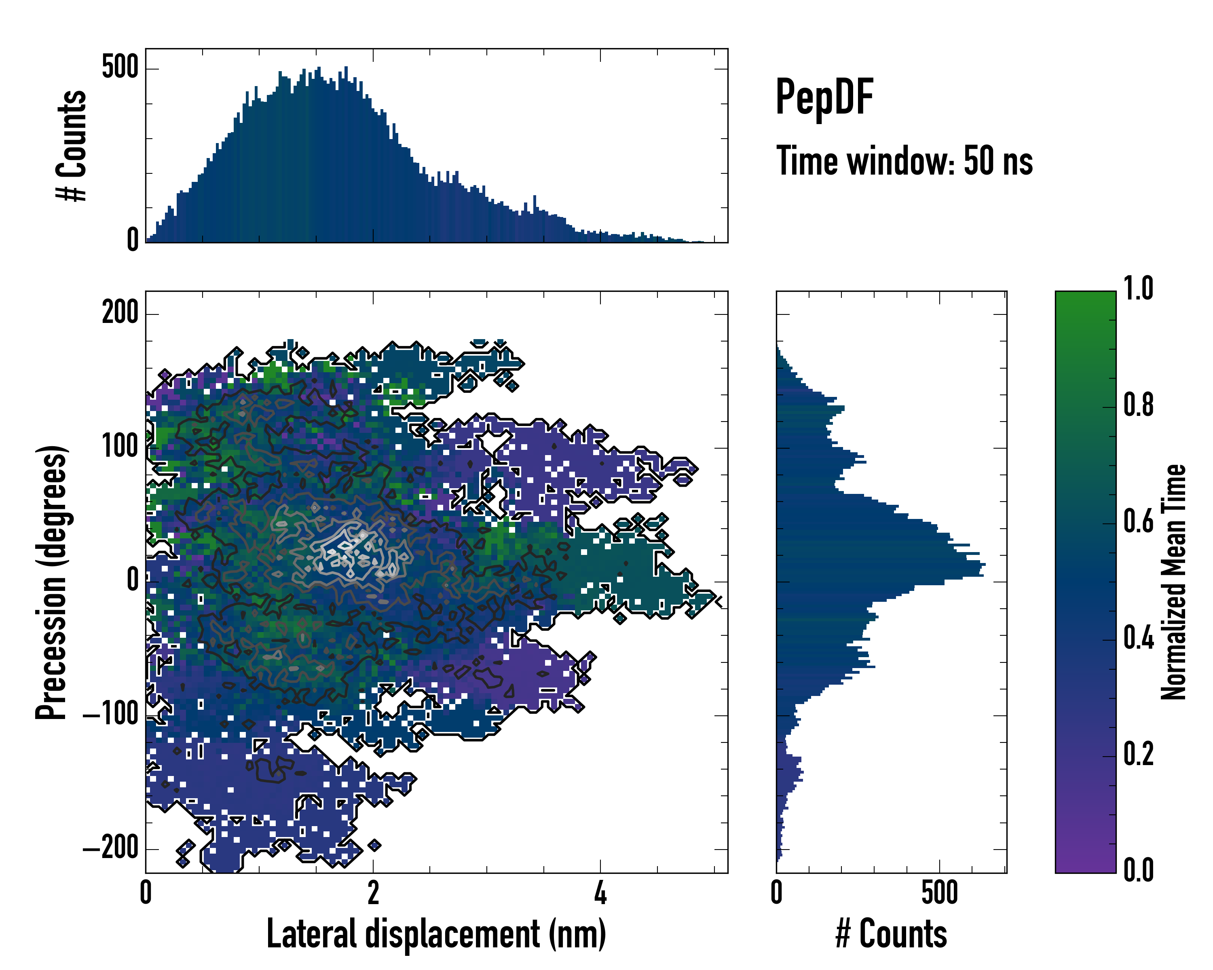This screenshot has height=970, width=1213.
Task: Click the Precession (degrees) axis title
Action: click(51, 582)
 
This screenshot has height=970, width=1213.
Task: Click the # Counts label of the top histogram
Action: click(72, 145)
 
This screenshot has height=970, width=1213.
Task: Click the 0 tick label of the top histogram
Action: click(133, 240)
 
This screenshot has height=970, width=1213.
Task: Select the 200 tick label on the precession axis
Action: click(120, 313)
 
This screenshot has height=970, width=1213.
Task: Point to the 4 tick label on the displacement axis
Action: click(600, 893)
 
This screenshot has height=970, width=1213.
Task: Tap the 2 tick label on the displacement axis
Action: click(373, 893)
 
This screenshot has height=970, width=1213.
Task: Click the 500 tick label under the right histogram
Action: click(939, 893)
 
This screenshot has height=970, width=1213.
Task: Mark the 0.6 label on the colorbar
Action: click(1138, 522)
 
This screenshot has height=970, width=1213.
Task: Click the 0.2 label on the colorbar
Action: click(1138, 755)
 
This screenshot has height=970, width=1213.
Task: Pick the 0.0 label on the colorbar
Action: click(1138, 871)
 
